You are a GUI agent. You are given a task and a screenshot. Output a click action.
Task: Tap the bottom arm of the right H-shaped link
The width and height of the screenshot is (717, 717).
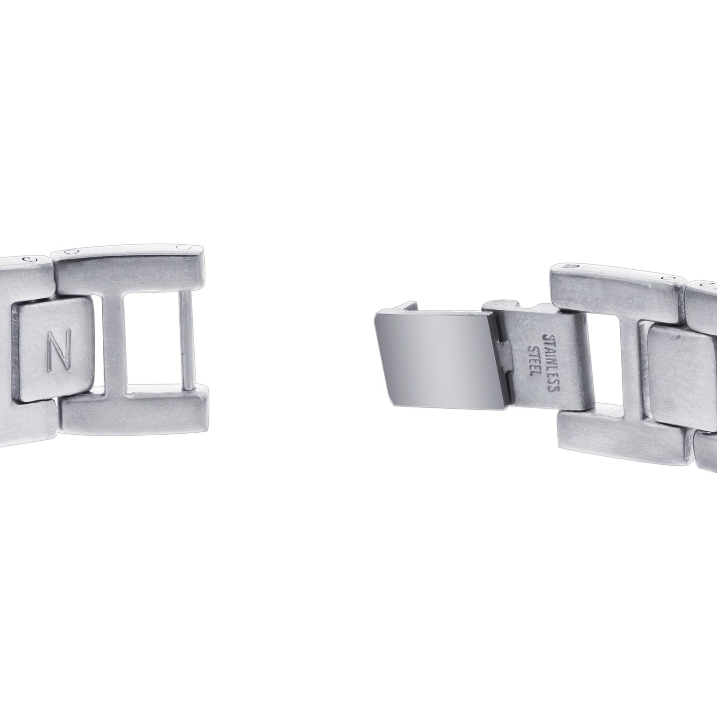coord(625,432)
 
